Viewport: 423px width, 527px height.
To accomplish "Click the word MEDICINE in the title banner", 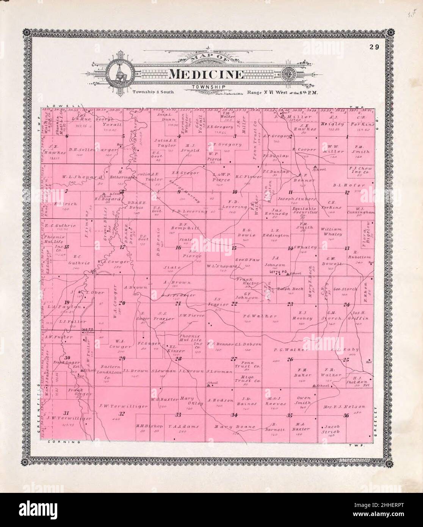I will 205,74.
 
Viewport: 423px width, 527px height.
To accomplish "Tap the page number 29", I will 375,47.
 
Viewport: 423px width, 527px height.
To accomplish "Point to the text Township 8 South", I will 150,92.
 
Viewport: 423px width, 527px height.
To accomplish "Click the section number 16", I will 178,248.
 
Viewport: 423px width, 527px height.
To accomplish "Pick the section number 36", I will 345,416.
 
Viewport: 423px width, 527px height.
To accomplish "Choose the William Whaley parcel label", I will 332,232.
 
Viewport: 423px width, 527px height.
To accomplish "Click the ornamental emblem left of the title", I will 119,73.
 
